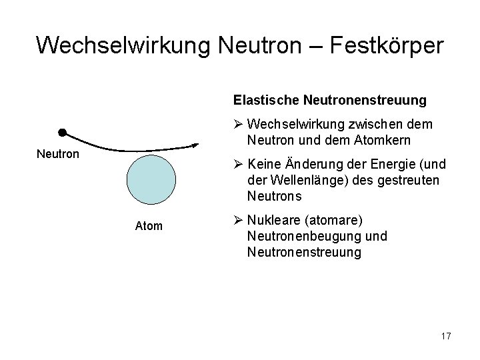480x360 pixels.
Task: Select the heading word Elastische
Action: click(266, 100)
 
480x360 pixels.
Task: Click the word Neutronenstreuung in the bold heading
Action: click(365, 100)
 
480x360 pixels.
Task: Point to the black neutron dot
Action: click(61, 132)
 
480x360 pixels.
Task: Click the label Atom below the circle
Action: click(149, 226)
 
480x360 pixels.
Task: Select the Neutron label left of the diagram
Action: click(57, 154)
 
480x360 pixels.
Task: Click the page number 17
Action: click(445, 337)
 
